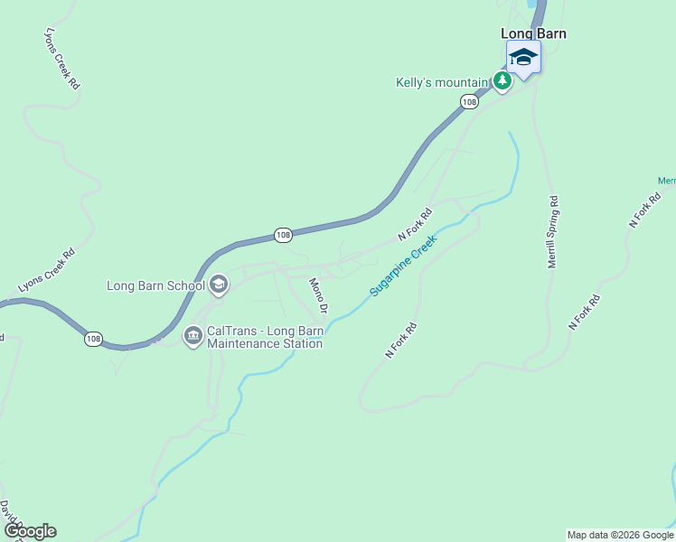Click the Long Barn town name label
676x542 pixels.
pos(533,33)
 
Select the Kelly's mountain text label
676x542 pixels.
pos(442,82)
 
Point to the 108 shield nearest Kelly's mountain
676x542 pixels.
pos(468,102)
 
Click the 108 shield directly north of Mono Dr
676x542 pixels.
pos(284,235)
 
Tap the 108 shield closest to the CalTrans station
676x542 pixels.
pos(94,339)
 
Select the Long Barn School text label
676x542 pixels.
pos(155,286)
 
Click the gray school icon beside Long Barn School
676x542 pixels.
pos(218,285)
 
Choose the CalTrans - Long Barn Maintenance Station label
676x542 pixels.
pos(265,337)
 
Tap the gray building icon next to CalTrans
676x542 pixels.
pos(192,337)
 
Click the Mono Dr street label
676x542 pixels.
pos(318,294)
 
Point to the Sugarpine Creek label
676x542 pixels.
pos(403,266)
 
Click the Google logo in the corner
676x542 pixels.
pos(30,531)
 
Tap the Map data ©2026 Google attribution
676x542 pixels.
pos(620,535)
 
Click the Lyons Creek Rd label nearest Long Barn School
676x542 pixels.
pos(46,270)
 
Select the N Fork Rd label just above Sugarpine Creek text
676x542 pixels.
pos(416,225)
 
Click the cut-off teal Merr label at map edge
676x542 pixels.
pos(667,181)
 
